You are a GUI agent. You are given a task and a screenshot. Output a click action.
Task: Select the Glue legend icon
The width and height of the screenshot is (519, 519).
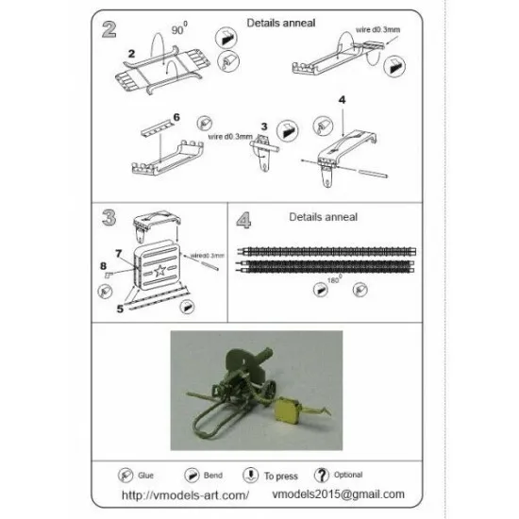point(126,474)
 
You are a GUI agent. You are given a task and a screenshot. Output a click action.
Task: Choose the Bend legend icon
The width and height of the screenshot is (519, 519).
point(192,474)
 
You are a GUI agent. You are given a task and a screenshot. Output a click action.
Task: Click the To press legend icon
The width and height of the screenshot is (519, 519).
point(250,474)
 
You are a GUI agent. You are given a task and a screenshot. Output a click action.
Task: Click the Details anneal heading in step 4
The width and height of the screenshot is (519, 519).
point(325,216)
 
